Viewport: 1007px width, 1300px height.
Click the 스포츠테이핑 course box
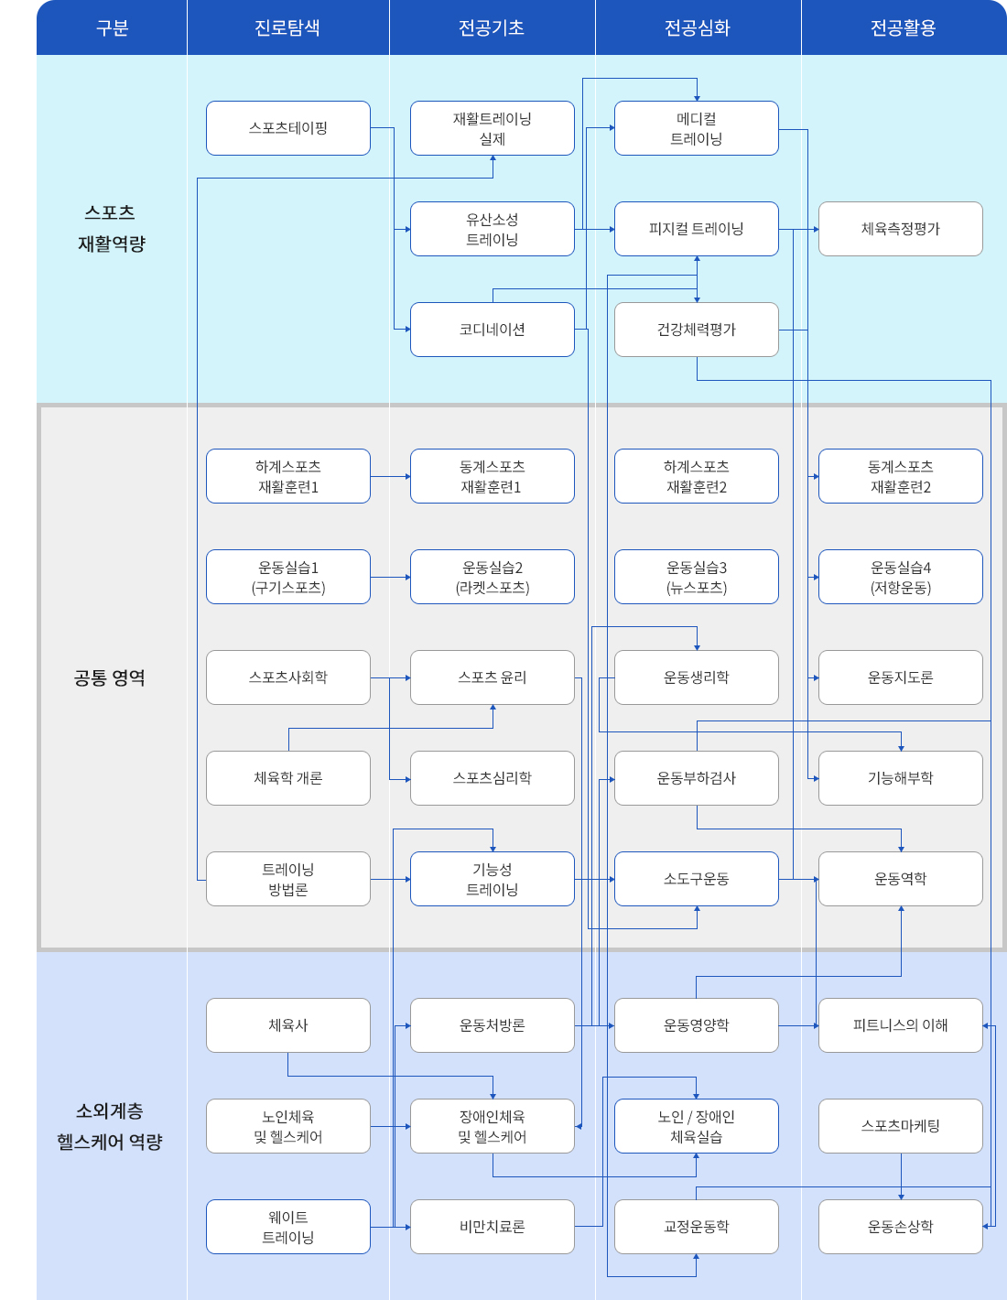pos(288,128)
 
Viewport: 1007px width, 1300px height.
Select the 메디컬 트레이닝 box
pos(696,128)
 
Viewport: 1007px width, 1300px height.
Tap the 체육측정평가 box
pos(900,229)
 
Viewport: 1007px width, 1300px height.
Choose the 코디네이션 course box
pos(492,330)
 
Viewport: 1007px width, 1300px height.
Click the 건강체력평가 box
pos(696,330)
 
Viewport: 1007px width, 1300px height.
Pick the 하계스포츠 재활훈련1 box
pos(288,476)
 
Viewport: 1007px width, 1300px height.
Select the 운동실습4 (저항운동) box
pos(900,577)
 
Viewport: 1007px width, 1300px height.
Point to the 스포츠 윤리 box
pos(492,677)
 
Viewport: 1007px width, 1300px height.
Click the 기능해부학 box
pos(900,778)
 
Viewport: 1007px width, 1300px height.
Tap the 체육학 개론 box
pos(288,778)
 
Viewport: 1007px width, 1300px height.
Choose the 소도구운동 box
pos(696,879)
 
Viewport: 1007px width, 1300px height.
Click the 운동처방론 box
pos(492,1025)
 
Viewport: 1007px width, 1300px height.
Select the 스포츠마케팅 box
pos(900,1126)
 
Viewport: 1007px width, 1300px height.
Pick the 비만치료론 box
pos(492,1227)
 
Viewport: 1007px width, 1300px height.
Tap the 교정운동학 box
pos(696,1227)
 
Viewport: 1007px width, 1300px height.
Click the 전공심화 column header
pos(698,27)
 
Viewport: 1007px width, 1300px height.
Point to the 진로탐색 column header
pos(287,27)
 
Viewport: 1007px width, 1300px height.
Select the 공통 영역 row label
pos(110,677)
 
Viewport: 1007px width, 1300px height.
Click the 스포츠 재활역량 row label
pos(111,228)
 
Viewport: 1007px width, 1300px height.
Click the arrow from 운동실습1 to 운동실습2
pos(391,577)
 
